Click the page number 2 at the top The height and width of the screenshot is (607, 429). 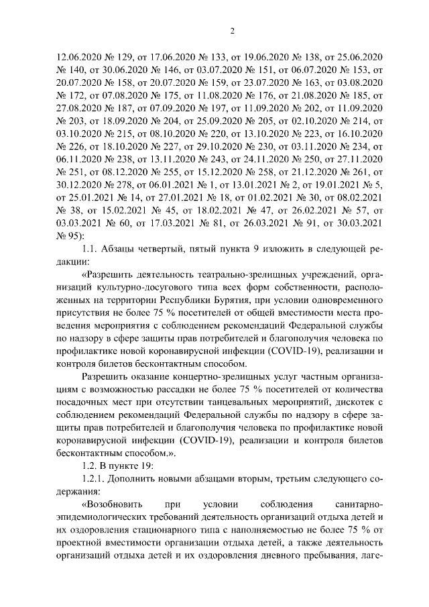231,30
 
